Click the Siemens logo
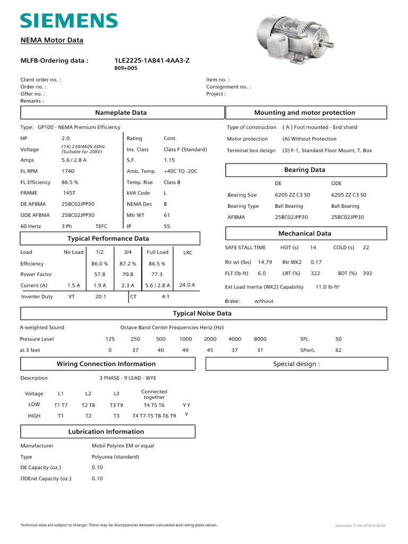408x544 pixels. tap(69, 21)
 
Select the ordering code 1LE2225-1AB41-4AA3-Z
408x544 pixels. tap(152, 61)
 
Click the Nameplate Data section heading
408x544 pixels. tap(121, 113)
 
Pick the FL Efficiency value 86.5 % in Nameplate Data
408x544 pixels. tap(71, 182)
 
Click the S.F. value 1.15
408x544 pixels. tap(169, 160)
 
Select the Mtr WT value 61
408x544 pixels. tap(167, 215)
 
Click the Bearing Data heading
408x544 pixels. tap(305, 170)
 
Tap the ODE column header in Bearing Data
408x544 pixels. tap(336, 183)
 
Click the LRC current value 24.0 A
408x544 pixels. tap(188, 285)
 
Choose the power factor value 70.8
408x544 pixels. tap(127, 275)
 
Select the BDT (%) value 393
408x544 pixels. tap(367, 273)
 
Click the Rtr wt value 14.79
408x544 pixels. tap(265, 262)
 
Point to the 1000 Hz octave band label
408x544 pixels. tap(185, 339)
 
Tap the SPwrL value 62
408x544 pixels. tap(338, 350)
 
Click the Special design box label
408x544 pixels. tap(296, 364)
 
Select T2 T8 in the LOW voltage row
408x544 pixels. tap(88, 405)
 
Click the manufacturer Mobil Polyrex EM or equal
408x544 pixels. tap(123, 446)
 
